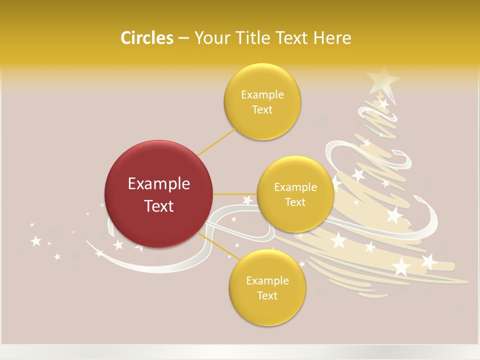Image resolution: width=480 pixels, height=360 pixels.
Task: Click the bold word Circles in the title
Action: (146, 38)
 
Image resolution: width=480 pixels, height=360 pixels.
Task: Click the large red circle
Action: (159, 194)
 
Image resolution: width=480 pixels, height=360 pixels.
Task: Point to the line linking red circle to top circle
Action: (217, 142)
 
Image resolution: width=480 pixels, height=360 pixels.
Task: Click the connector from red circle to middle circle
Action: (235, 194)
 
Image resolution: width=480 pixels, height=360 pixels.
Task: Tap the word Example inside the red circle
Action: (159, 184)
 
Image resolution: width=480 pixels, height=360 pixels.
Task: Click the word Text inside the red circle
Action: (159, 206)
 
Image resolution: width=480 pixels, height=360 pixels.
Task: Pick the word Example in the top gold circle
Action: (262, 95)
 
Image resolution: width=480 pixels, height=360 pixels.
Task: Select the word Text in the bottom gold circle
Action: (267, 295)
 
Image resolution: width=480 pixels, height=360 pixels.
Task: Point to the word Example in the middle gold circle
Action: (295, 187)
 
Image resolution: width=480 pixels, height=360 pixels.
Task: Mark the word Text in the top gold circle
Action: (262, 110)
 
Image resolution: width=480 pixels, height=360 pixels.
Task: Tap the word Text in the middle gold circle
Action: (295, 202)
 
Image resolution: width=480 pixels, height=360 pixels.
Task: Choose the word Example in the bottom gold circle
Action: (267, 280)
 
